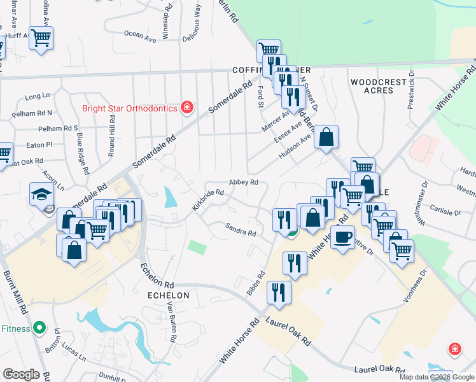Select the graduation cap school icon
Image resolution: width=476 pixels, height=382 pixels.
click(x=42, y=194)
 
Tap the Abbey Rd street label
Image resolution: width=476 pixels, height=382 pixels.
click(x=243, y=182)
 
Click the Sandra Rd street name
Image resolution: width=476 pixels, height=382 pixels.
click(x=240, y=229)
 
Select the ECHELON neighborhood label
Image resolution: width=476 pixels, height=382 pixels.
click(x=168, y=296)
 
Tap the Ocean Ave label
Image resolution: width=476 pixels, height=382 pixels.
click(x=140, y=34)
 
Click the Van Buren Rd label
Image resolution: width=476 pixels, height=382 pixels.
click(x=171, y=322)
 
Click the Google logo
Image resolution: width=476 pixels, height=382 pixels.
click(x=21, y=374)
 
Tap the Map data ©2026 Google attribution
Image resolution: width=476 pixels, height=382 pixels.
click(x=437, y=377)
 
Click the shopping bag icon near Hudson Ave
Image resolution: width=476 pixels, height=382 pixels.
click(x=326, y=137)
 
